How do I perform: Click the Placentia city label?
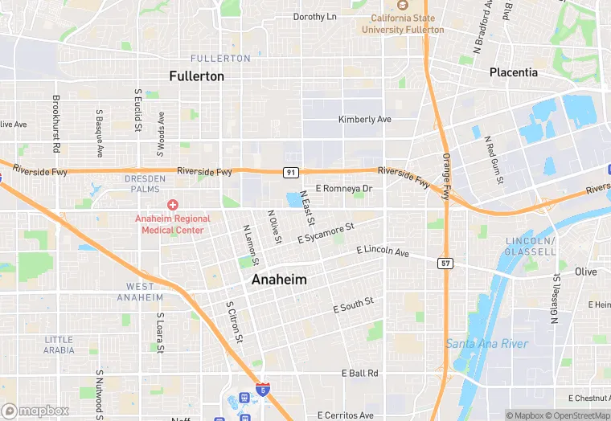click(514, 72)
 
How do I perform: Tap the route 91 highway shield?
click(291, 172)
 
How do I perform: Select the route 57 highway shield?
click(445, 264)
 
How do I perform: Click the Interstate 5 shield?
click(263, 390)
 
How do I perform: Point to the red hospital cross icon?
click(173, 206)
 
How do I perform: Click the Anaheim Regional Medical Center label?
click(173, 224)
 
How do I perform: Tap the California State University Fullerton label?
click(402, 24)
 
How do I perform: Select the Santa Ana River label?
click(487, 344)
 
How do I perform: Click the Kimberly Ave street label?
click(364, 120)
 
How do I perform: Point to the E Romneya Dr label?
click(344, 189)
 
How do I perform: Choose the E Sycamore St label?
click(326, 234)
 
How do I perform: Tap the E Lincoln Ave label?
click(383, 251)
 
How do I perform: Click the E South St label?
click(354, 305)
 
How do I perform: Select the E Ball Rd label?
click(359, 374)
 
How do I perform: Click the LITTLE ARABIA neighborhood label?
click(59, 345)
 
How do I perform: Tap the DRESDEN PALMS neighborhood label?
click(146, 184)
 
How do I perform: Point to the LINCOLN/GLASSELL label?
click(531, 247)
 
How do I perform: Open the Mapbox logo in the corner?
click(35, 411)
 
